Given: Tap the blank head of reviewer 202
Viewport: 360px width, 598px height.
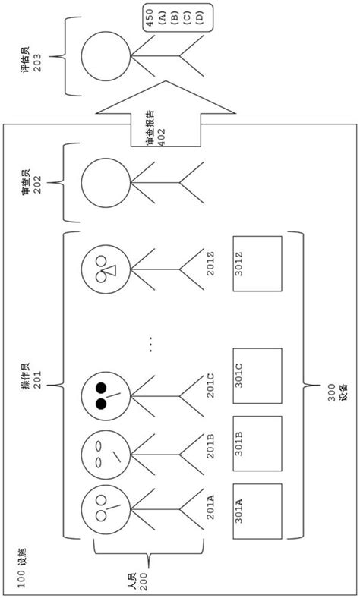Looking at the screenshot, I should [x=106, y=184].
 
